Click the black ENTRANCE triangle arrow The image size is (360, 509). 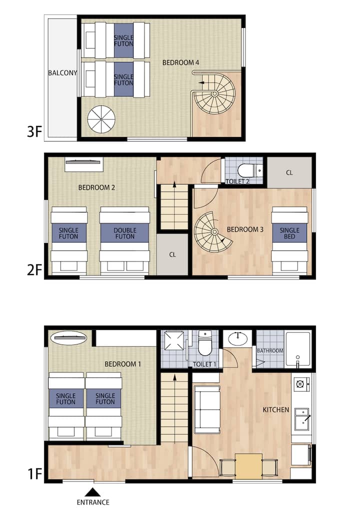pos(93,492)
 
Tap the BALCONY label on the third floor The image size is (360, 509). pos(62,72)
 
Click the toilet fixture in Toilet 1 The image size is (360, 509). pos(205,343)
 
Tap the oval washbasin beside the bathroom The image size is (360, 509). pos(238,338)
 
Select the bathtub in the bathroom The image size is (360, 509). pos(297,349)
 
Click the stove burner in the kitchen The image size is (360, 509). pos(300,384)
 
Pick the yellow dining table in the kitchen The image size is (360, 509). pos(248,466)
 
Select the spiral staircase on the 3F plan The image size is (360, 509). pos(213,93)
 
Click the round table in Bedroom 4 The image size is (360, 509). pos(101,119)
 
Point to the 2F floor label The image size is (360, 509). pos(34,270)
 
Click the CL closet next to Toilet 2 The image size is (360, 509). pos(289,172)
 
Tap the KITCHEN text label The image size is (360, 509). pos(275,409)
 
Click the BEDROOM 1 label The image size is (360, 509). pos(122,364)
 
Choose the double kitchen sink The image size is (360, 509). pos(301,419)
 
